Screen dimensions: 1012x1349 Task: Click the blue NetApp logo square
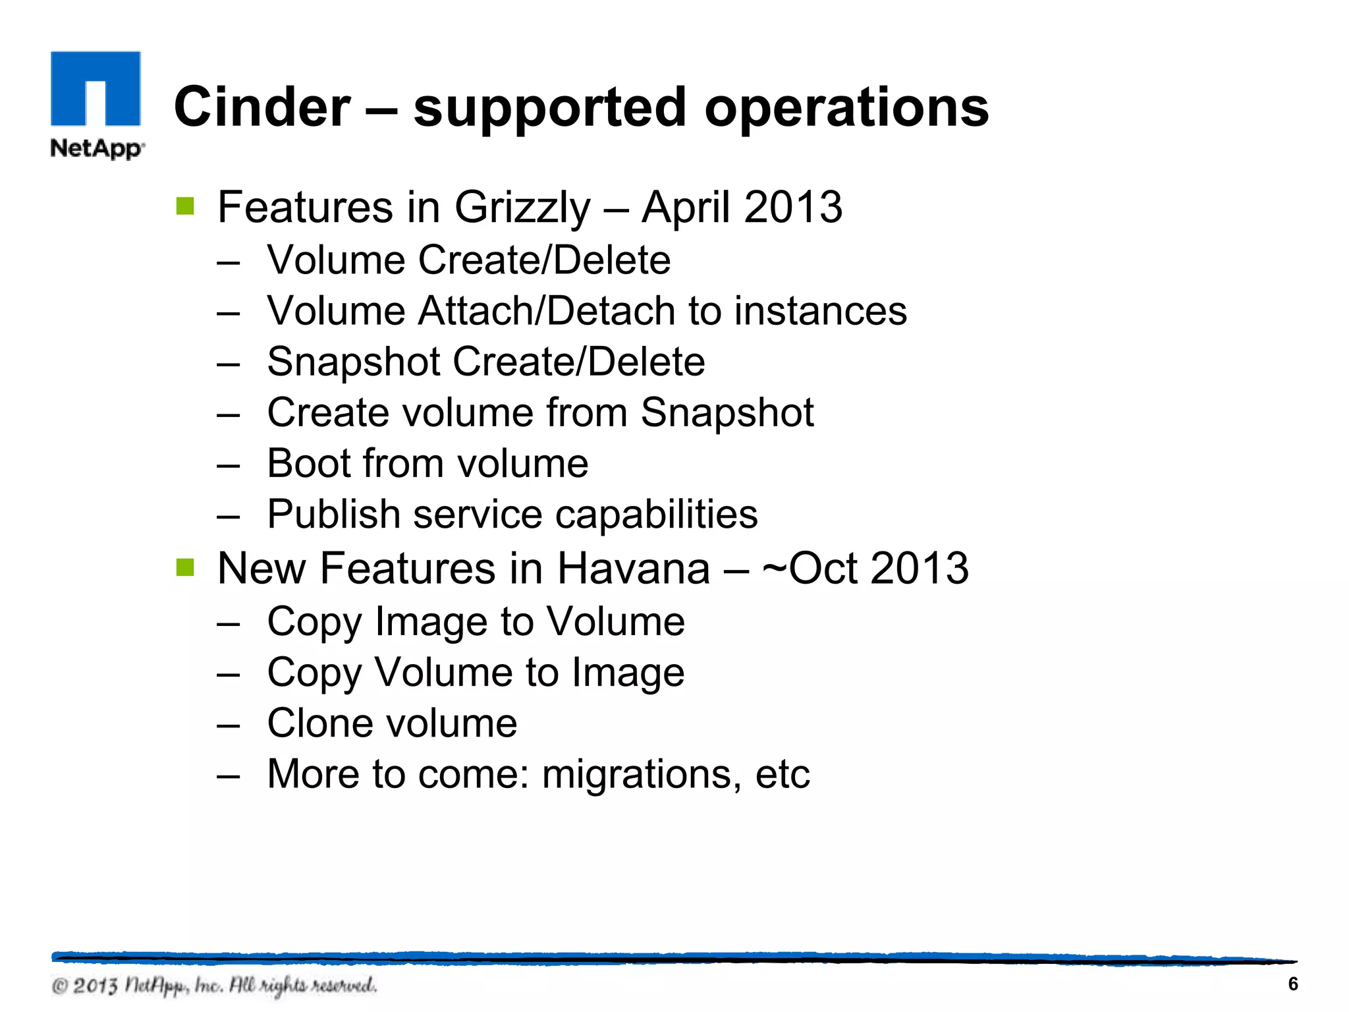pos(96,88)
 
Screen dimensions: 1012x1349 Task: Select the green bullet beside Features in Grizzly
pos(185,206)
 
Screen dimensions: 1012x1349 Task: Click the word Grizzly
pos(522,208)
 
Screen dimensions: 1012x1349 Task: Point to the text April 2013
pos(742,208)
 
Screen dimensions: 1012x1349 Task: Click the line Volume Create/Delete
pos(468,260)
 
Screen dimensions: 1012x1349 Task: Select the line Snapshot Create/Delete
pos(485,362)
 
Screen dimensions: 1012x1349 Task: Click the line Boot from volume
pos(427,463)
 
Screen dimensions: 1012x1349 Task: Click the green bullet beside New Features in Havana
pos(185,567)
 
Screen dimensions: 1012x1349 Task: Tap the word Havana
pos(634,569)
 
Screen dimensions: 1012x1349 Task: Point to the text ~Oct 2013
pos(865,569)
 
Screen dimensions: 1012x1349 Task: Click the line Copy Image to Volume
pos(476,621)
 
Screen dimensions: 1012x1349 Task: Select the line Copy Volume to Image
pos(476,673)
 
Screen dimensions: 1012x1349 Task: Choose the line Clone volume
pos(392,723)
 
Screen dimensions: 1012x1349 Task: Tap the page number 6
pos(1292,984)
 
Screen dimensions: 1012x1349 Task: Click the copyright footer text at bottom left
pos(215,986)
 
